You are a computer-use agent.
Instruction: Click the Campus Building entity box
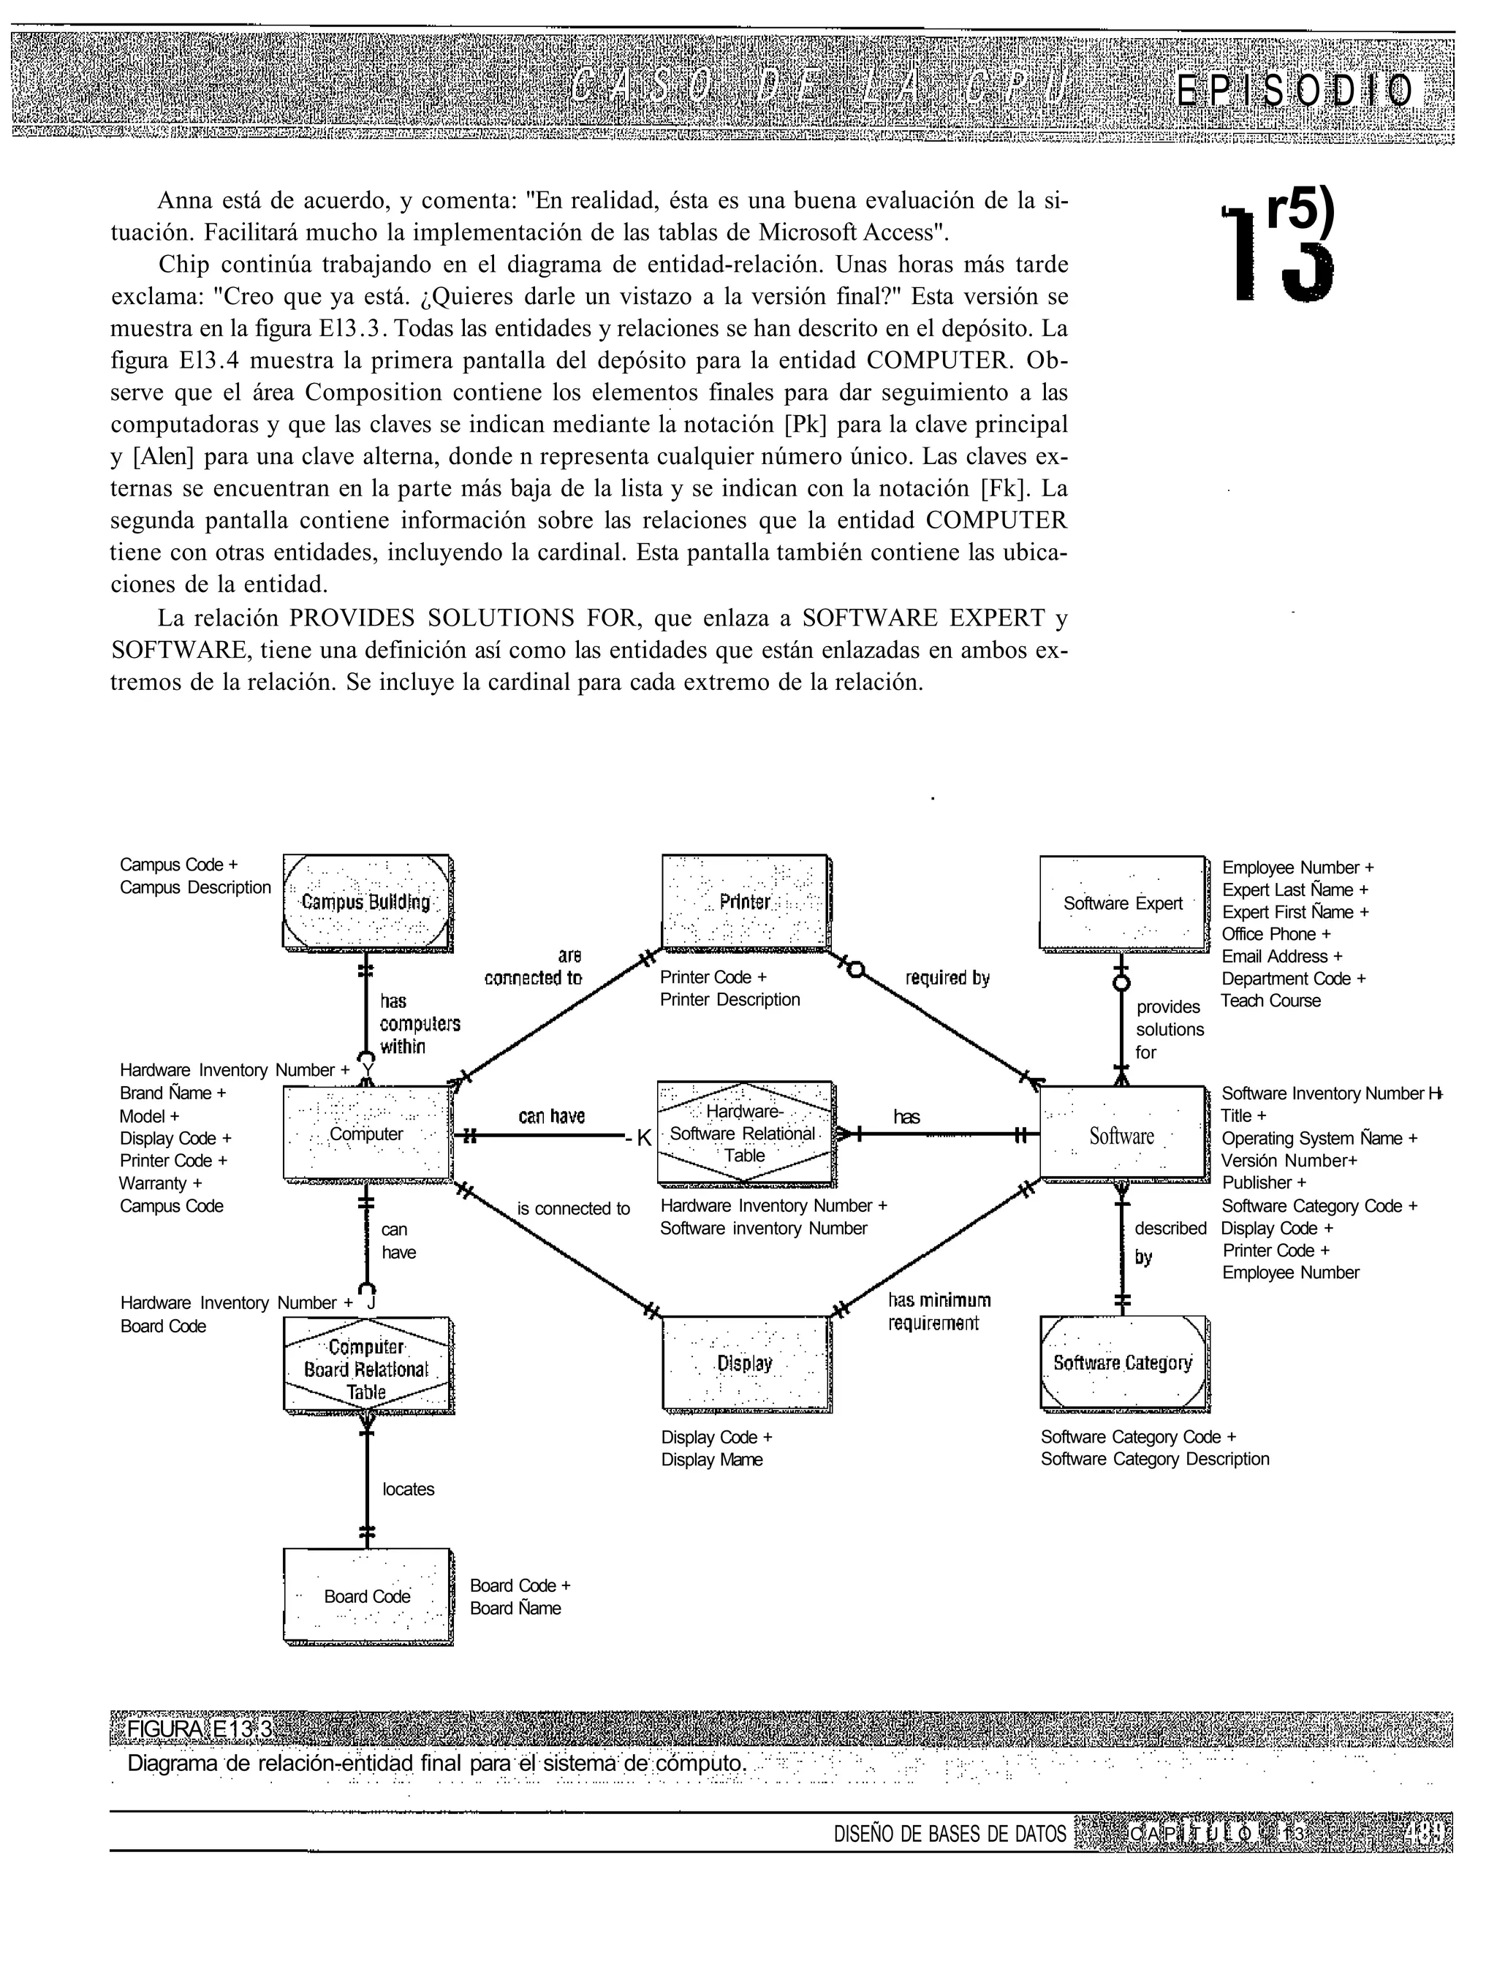(x=366, y=902)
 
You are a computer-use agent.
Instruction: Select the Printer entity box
(x=745, y=902)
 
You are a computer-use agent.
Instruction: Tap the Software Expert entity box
(x=1123, y=903)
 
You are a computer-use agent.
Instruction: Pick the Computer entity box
(x=366, y=1134)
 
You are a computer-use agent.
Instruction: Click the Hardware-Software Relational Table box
(x=744, y=1134)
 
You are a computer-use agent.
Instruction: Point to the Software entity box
(x=1122, y=1135)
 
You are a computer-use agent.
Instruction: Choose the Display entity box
(x=745, y=1363)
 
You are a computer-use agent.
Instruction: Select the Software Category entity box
(x=1123, y=1363)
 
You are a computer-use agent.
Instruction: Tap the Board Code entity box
(x=366, y=1596)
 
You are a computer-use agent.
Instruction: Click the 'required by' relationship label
(x=947, y=978)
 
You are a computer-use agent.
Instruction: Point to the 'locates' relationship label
(x=408, y=1489)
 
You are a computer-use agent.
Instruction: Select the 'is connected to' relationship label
(x=573, y=1209)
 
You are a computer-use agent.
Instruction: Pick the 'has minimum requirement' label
(x=939, y=1311)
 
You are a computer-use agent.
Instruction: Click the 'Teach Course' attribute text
(x=1270, y=1001)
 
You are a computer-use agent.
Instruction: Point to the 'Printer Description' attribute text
(x=729, y=1000)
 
